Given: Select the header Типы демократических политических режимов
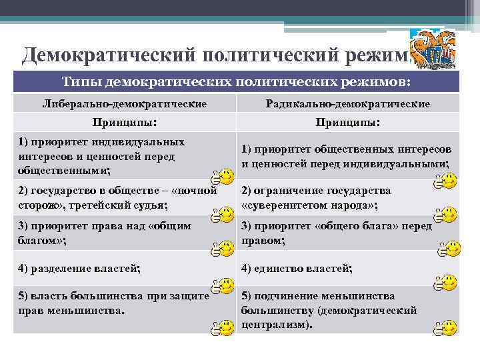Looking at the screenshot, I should click(237, 81).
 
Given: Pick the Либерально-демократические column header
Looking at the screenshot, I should click(125, 104).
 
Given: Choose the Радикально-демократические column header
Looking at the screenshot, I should click(347, 104).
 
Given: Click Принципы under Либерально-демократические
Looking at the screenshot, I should click(125, 123).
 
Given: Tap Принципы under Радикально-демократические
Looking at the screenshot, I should click(347, 123).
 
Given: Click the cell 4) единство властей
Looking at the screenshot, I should click(297, 269).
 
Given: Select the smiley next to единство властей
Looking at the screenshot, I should click(446, 283).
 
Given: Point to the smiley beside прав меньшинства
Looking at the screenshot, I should click(221, 327).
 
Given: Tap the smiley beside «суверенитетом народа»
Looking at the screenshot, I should click(446, 214).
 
